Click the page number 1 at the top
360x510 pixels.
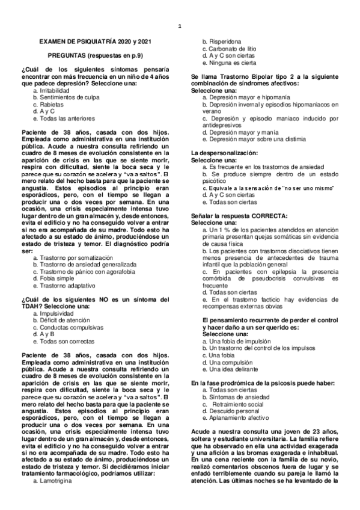tap(180, 26)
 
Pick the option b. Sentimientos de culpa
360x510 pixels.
tap(65, 97)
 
